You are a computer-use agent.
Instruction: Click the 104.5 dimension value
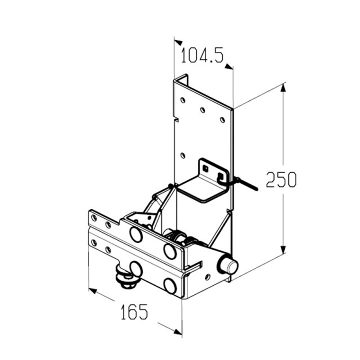point(202,56)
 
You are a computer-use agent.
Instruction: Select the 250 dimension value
point(281,179)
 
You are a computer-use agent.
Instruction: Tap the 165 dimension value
point(134,312)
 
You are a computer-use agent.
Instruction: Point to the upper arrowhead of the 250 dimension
point(283,88)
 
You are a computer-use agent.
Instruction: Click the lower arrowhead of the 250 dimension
point(283,249)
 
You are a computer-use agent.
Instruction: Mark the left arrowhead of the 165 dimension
point(93,291)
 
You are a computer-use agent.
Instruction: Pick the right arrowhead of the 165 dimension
point(178,332)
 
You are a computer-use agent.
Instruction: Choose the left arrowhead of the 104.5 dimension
point(178,42)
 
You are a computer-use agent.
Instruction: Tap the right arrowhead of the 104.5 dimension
point(229,67)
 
